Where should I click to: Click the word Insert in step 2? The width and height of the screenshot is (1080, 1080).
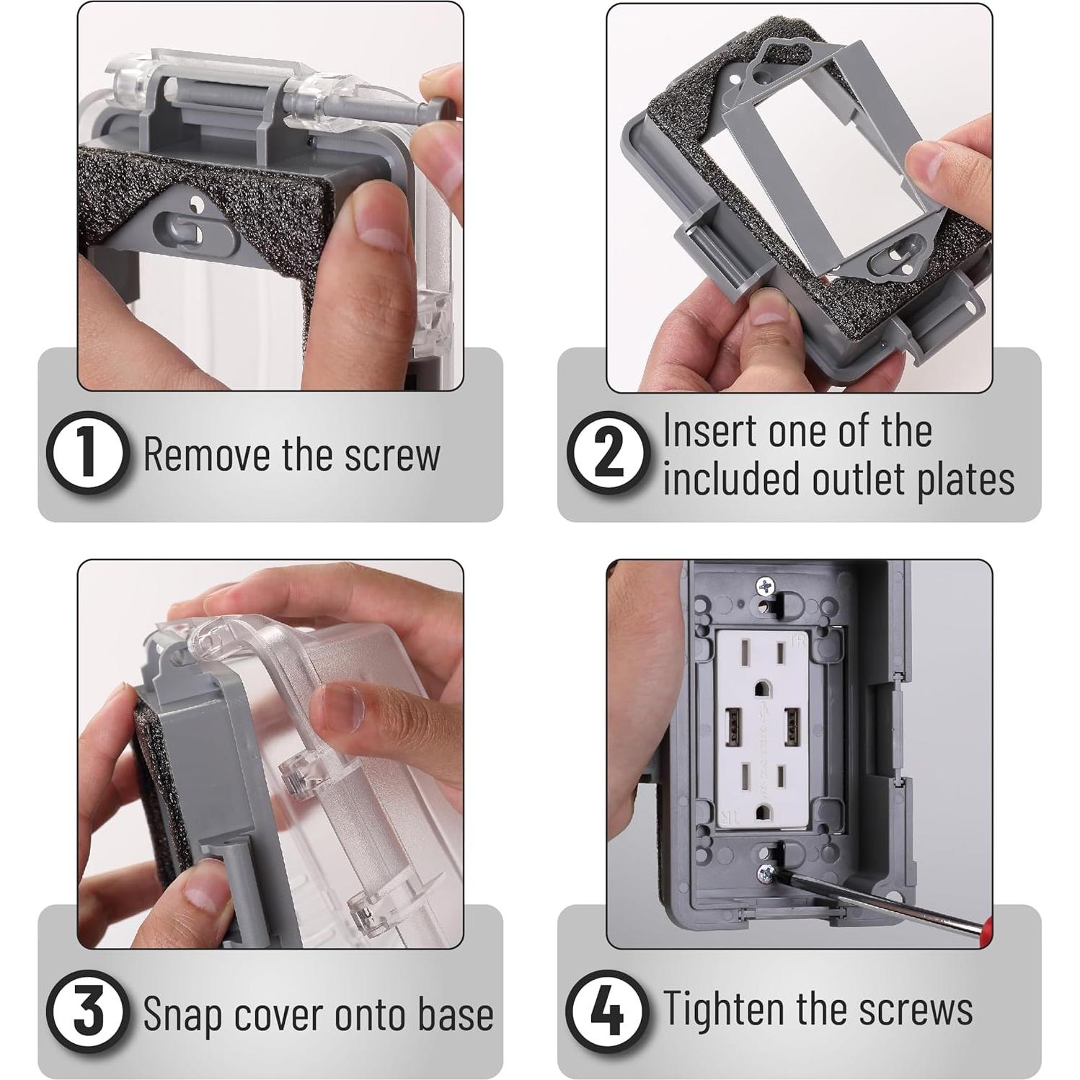pos(710,430)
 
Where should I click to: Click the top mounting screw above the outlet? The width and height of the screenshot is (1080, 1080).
pos(764,587)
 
